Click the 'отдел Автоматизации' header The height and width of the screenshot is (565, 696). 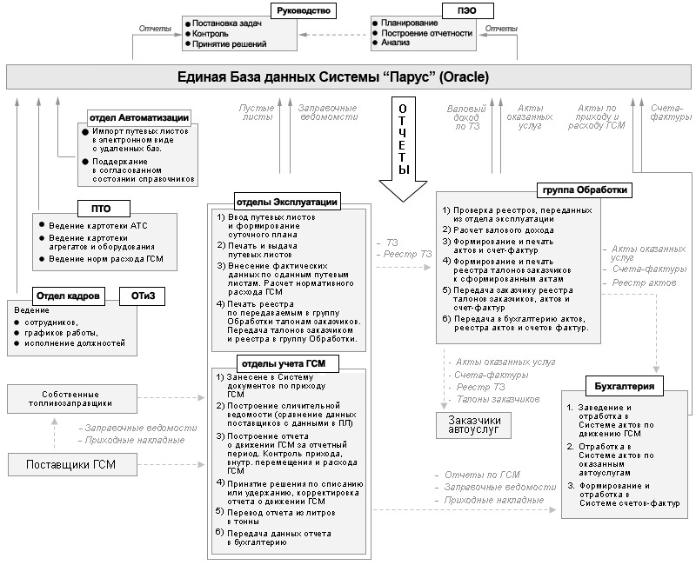click(140, 117)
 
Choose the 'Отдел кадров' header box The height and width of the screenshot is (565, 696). click(64, 296)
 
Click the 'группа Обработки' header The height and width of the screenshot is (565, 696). click(586, 189)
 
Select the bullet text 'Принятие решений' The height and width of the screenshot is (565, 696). click(230, 43)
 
